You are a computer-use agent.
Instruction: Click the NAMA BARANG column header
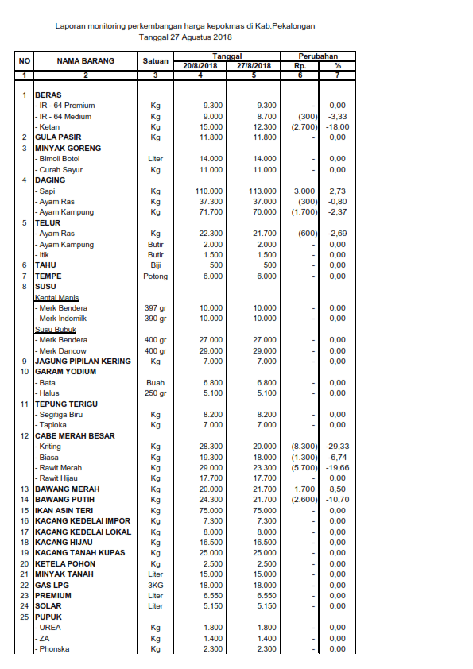86,61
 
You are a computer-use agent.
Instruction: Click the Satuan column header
156,61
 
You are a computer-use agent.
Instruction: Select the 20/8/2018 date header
200,66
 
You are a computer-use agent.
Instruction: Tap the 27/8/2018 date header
254,66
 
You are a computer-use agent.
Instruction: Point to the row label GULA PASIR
58,137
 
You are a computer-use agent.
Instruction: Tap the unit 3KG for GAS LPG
156,585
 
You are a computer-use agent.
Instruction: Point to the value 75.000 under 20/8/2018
211,510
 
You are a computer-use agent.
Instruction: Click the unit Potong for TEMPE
156,276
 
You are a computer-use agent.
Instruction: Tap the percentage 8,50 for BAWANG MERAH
338,489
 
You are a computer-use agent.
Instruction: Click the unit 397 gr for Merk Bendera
156,308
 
